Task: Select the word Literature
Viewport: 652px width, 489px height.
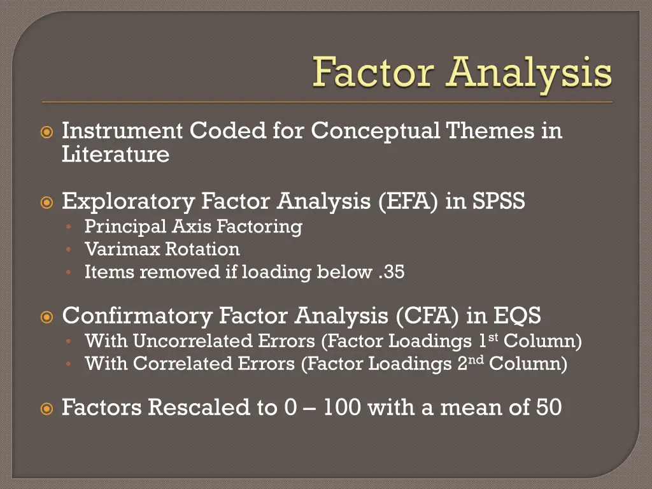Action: coord(115,155)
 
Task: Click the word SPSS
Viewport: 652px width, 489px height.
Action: coord(499,202)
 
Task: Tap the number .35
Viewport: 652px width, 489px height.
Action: coord(390,273)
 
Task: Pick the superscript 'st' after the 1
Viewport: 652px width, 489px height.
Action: coord(493,337)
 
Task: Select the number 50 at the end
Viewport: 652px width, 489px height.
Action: coord(548,407)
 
